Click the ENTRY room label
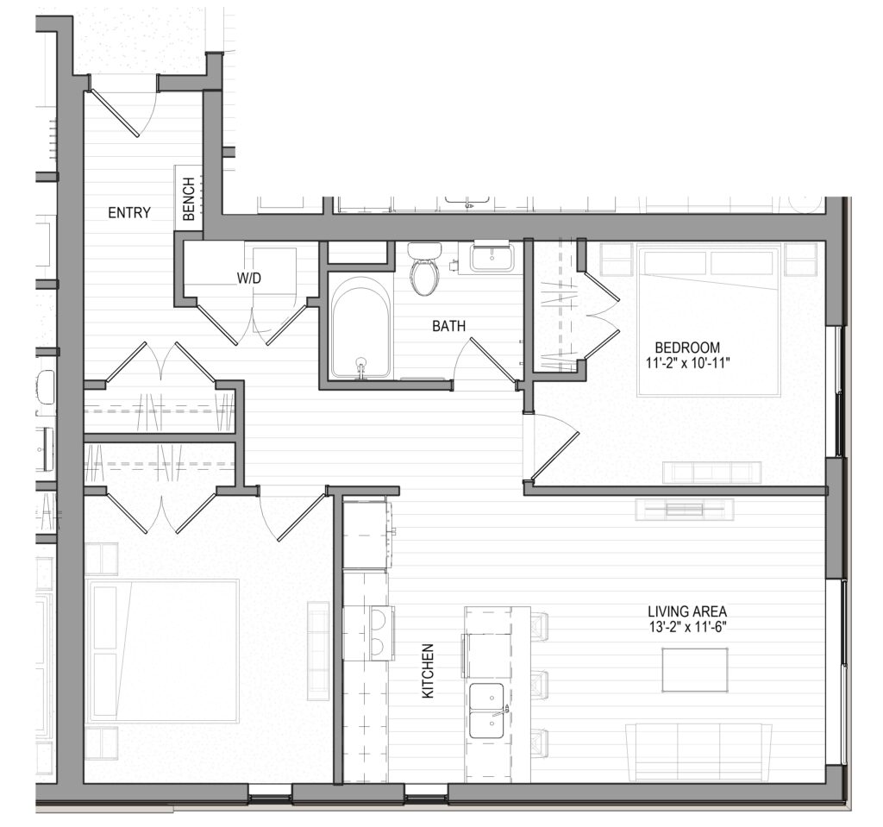[x=129, y=212]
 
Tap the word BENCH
[x=189, y=199]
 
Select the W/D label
[x=249, y=278]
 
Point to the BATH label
[x=448, y=326]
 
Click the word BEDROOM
[x=687, y=348]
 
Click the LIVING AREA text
[x=687, y=611]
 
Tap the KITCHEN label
[x=428, y=672]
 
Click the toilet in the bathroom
[x=424, y=268]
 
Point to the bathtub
[x=360, y=331]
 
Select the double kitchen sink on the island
[x=487, y=711]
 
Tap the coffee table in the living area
[x=695, y=670]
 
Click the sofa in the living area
[x=698, y=748]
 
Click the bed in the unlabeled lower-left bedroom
[x=163, y=651]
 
